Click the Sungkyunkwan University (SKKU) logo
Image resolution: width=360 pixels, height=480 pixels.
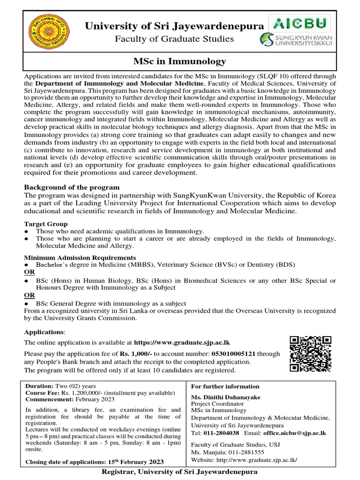(x=295, y=39)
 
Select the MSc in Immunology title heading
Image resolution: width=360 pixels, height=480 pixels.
(x=180, y=61)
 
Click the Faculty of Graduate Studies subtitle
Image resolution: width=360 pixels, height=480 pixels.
(x=174, y=39)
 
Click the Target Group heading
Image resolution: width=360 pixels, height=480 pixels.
(x=46, y=224)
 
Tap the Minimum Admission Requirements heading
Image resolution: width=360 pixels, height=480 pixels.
(x=80, y=258)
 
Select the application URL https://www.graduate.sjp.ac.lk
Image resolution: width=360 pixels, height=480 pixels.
(x=182, y=343)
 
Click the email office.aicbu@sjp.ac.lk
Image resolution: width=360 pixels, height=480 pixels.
(x=294, y=433)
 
